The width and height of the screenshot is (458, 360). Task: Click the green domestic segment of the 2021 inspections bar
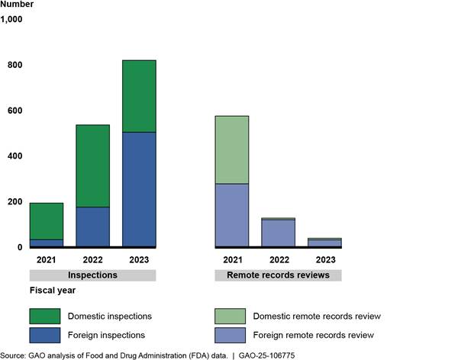[47, 221]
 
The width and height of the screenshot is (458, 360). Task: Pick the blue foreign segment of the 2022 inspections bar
[93, 227]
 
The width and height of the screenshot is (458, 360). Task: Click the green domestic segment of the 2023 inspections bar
[139, 96]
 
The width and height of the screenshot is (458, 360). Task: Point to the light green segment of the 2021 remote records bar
[232, 149]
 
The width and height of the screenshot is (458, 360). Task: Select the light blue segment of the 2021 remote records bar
[232, 215]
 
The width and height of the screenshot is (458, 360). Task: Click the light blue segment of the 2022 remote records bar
[279, 233]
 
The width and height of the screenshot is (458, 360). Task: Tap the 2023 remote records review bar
[324, 243]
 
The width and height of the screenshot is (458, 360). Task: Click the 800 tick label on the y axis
[15, 66]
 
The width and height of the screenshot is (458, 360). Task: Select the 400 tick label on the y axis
[15, 156]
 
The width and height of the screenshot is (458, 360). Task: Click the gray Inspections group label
[93, 275]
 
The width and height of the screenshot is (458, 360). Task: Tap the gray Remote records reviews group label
[278, 275]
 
